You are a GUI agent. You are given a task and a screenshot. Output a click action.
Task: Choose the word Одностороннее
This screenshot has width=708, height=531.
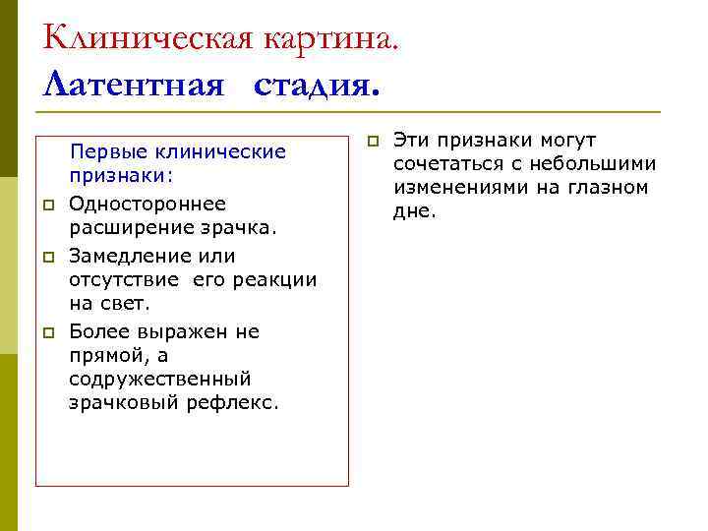147,204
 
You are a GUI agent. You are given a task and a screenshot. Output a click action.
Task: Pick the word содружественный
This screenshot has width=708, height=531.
160,379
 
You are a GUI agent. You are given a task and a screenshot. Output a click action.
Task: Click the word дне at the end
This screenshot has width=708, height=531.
413,211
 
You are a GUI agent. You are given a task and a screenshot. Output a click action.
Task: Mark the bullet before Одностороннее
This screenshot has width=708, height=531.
46,205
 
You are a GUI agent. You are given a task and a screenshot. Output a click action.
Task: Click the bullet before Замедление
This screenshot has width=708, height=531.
46,256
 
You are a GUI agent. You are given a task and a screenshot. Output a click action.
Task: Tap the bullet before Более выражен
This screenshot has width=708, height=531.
46,331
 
